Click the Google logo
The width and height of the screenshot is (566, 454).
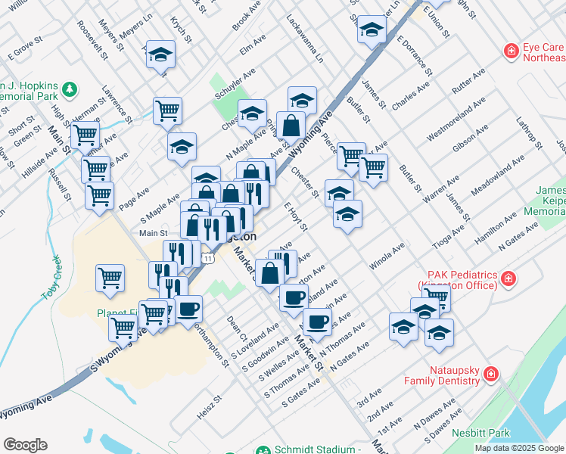tap(25, 445)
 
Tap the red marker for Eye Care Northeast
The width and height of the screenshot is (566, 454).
tap(512, 51)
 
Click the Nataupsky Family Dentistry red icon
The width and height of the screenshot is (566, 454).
tap(490, 374)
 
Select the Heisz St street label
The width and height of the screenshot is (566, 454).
tap(207, 400)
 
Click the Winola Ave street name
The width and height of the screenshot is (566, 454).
tap(387, 256)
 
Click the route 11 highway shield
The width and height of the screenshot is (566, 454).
tap(217, 258)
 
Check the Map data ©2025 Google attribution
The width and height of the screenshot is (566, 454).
tap(519, 448)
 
